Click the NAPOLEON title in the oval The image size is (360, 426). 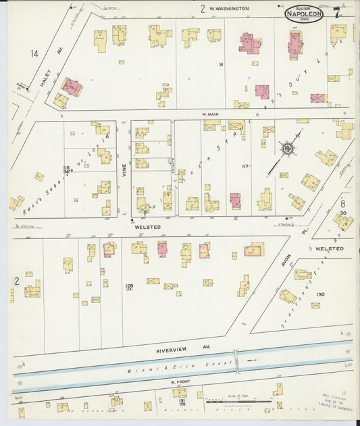303,13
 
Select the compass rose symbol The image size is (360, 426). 286,148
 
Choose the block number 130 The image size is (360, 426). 320,294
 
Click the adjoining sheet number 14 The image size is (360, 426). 34,53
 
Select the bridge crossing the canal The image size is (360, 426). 234,358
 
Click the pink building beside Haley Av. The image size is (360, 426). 71,86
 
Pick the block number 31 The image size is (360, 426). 220,64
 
